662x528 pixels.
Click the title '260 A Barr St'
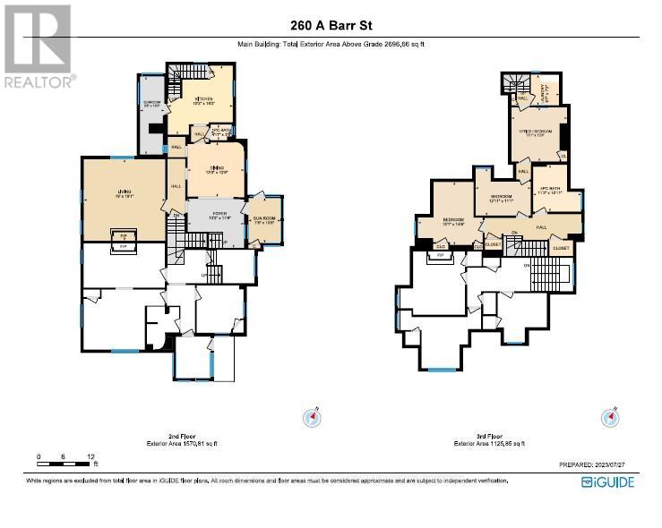[x=331, y=26]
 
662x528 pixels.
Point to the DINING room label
[x=215, y=168]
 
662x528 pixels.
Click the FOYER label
[x=214, y=216]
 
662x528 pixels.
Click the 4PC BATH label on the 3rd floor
[x=549, y=190]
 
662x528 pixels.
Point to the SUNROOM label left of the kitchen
[x=152, y=104]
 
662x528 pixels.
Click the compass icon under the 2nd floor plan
[x=312, y=417]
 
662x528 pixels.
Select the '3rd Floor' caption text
[x=488, y=436]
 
